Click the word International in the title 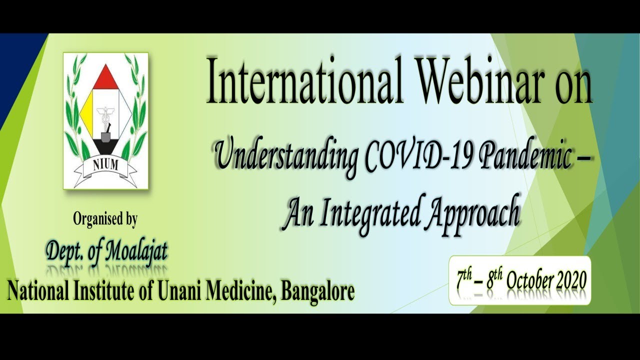(304, 80)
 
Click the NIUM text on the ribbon (105, 165)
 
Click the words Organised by (105, 219)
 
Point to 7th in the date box (464, 279)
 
